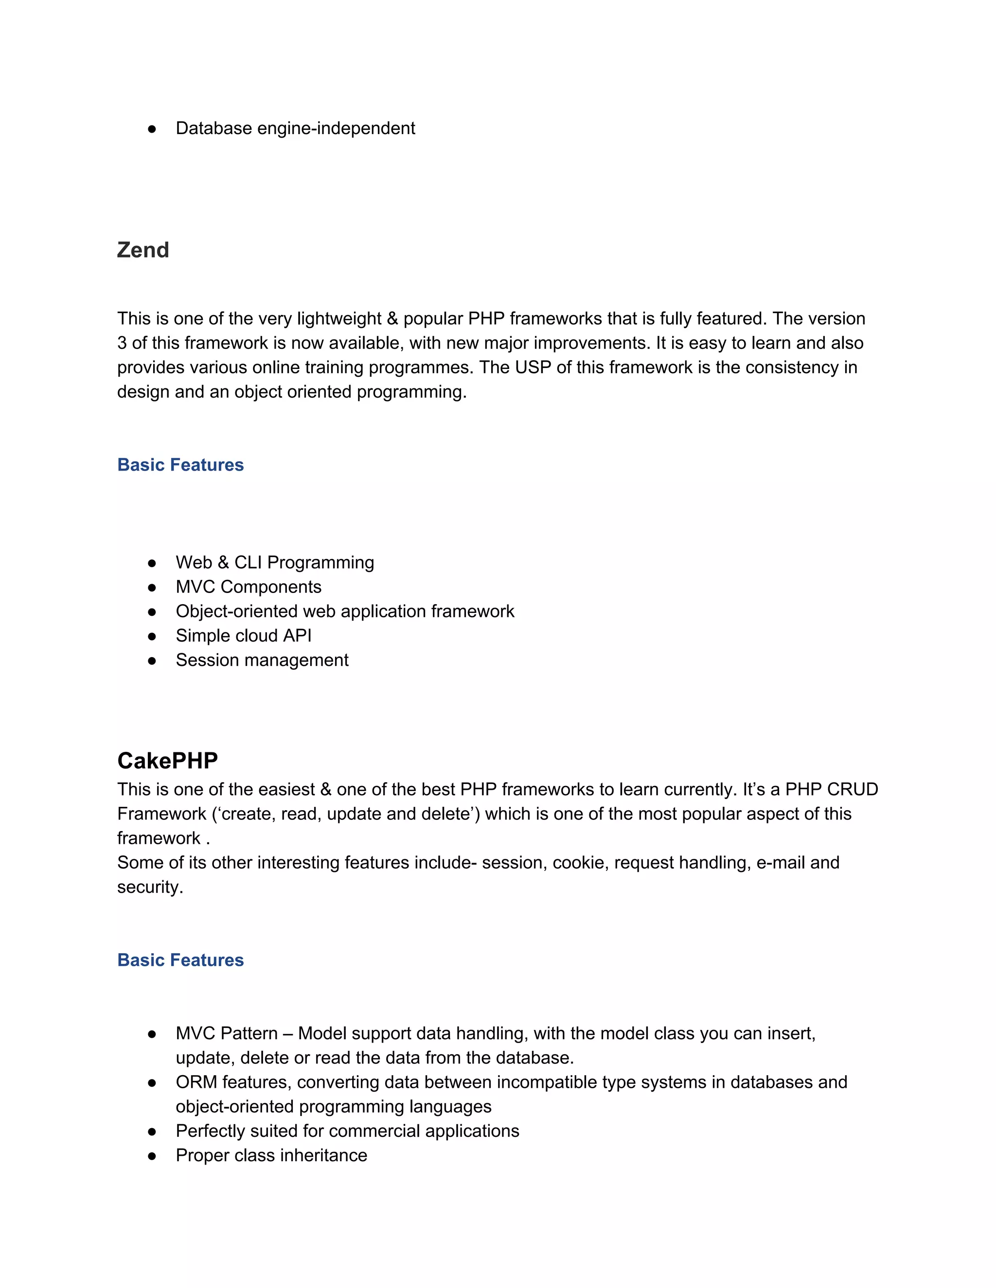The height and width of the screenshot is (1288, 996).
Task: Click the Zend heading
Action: point(143,250)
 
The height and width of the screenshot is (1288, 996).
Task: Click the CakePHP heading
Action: point(168,760)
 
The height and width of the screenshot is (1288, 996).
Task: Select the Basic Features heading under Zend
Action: point(180,465)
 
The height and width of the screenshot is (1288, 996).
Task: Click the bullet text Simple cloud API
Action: point(243,635)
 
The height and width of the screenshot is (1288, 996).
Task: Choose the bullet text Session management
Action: point(262,660)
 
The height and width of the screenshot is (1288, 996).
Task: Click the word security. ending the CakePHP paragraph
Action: point(150,887)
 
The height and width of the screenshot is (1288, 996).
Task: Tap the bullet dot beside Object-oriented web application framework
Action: point(152,611)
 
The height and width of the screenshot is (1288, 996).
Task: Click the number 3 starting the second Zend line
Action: point(122,343)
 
